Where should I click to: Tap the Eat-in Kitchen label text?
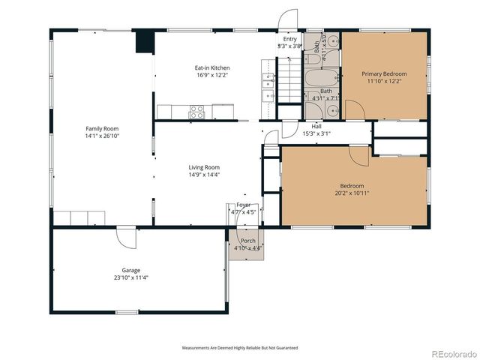coord(202,67)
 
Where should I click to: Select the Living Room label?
coord(203,166)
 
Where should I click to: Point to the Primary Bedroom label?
coord(384,74)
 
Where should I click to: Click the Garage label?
coord(131,270)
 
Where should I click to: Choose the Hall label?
coord(316,127)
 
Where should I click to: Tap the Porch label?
coord(247,241)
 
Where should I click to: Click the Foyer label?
coord(244,205)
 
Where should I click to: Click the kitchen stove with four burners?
coord(196,112)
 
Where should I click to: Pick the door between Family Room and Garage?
coord(126,237)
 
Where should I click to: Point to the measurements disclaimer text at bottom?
coord(240,348)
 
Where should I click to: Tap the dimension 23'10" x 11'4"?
coord(131,277)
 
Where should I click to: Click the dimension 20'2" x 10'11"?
coord(352,193)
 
